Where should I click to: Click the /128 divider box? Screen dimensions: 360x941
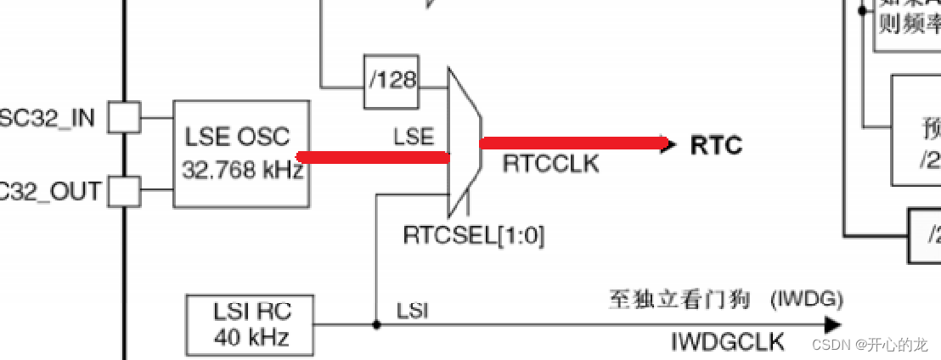point(392,82)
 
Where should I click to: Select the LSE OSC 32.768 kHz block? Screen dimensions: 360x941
point(241,153)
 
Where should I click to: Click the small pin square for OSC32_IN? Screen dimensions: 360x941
point(127,117)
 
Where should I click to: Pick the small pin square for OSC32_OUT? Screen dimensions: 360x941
point(127,191)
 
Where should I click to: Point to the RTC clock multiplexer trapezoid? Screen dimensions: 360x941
point(464,143)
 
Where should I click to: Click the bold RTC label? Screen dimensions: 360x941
point(716,145)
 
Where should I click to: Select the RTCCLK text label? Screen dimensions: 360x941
point(550,164)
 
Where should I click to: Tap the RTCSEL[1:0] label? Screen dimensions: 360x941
point(474,235)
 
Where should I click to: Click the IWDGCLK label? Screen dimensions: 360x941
point(727,342)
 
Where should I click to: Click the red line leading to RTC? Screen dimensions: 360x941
point(574,143)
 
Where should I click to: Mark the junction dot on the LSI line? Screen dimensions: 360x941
point(376,323)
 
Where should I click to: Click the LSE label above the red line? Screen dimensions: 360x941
point(414,136)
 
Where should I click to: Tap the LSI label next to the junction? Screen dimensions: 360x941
point(413,312)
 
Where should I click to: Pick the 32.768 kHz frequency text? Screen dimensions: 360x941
point(242,170)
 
